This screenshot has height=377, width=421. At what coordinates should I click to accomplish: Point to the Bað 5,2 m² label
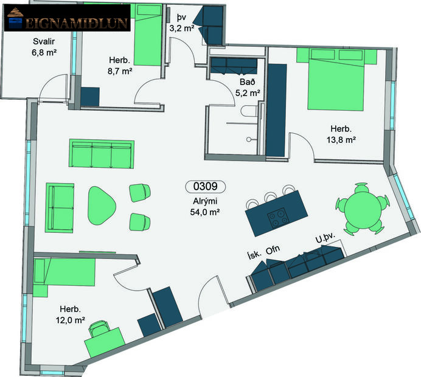[248, 88]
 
